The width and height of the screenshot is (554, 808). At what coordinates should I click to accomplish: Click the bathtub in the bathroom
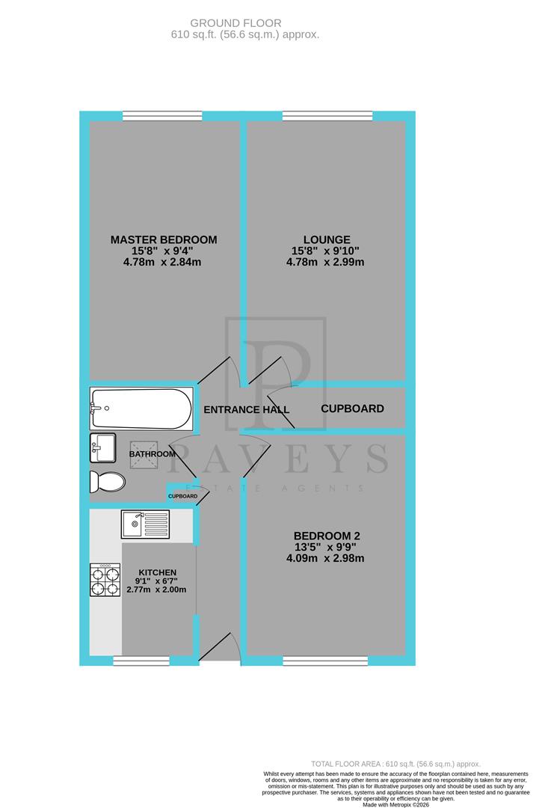coord(141,408)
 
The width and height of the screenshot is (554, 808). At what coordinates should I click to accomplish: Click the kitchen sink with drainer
coord(146,524)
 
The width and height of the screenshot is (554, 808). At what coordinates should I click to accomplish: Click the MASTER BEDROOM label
coord(164,240)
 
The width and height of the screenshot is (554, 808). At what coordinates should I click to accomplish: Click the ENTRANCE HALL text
coord(246,409)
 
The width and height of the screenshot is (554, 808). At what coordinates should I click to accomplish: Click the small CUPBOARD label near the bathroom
coord(182,496)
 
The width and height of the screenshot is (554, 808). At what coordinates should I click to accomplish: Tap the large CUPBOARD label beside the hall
coord(352,409)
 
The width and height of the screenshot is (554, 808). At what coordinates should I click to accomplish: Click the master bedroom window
coord(162,116)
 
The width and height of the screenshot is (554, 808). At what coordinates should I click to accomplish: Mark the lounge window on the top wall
coord(327,116)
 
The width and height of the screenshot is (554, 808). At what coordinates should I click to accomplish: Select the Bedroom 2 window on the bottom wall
coord(324,661)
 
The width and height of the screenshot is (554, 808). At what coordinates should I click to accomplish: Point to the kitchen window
coord(141,661)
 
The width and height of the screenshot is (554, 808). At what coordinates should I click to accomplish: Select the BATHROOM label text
coord(153,454)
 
